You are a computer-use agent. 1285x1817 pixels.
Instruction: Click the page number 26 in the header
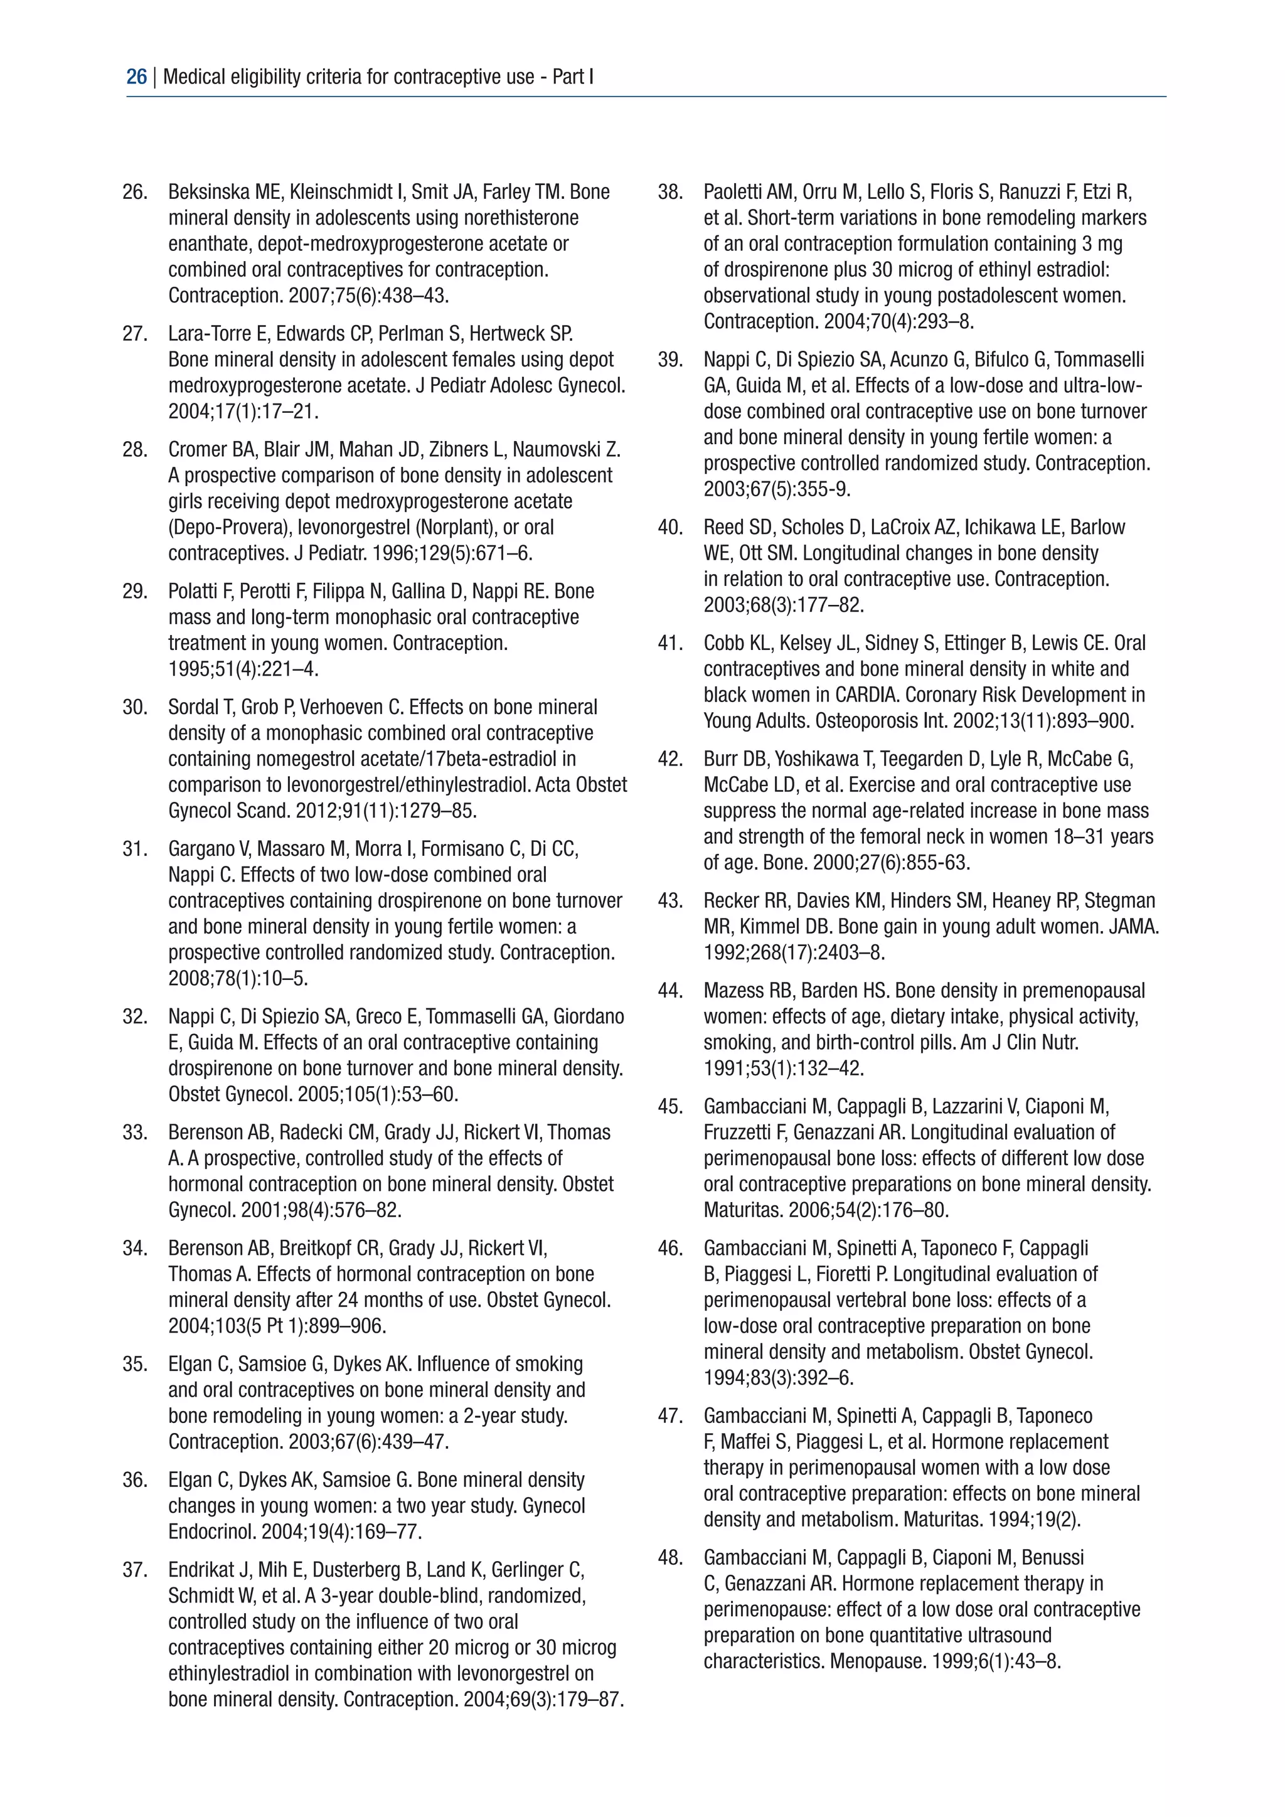[136, 77]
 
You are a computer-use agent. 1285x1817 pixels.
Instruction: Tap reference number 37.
[136, 1570]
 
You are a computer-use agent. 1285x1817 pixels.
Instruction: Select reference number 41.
[670, 643]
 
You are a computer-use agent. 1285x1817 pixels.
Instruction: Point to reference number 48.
[670, 1559]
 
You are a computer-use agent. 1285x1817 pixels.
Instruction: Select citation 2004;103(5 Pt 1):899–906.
[277, 1326]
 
